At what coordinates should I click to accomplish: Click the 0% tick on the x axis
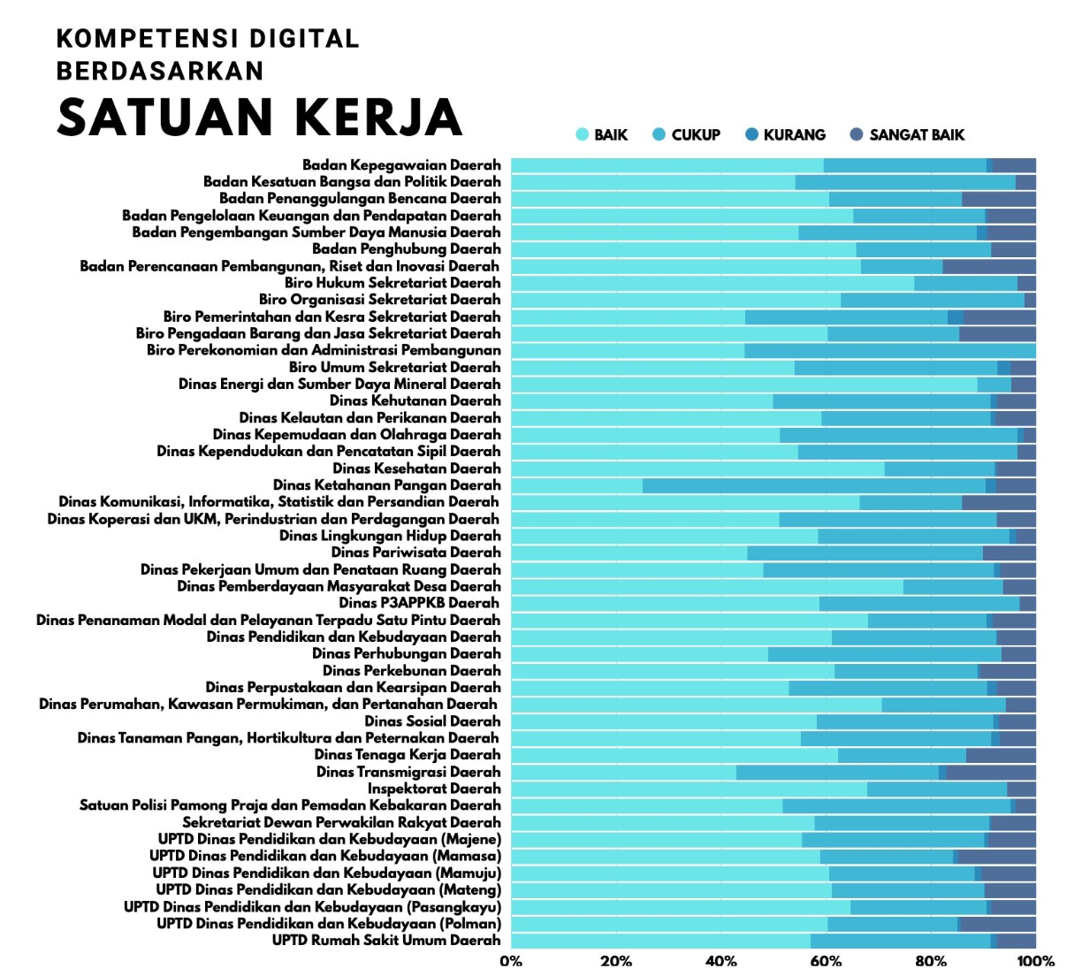(x=511, y=961)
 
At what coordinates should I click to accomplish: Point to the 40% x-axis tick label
(x=721, y=961)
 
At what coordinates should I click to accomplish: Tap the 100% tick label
(x=1035, y=961)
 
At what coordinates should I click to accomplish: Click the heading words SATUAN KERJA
(x=260, y=118)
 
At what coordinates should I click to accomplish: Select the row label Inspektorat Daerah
(x=434, y=789)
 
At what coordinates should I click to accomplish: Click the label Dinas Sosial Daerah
(x=432, y=721)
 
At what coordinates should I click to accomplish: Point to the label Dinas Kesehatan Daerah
(x=416, y=469)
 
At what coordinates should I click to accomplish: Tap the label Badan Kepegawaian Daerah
(x=401, y=165)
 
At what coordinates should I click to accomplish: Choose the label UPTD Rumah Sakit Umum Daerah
(x=385, y=941)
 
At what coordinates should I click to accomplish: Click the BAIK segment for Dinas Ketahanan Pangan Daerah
(x=576, y=485)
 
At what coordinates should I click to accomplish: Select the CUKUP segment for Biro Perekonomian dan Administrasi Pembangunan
(x=889, y=351)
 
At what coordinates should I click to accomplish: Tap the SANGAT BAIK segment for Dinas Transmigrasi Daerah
(x=991, y=773)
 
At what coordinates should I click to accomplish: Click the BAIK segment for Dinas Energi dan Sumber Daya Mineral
(x=743, y=385)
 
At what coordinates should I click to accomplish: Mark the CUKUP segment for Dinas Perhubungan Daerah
(x=884, y=654)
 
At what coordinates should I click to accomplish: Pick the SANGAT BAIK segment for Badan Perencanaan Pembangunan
(x=989, y=266)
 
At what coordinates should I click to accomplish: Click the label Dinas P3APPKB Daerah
(x=419, y=603)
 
